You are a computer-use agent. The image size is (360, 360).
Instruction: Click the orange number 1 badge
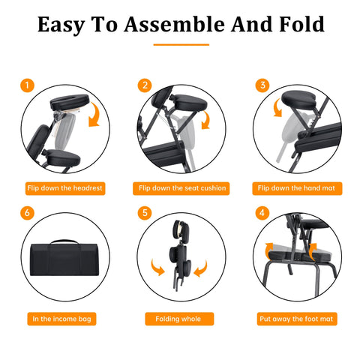(x=27, y=85)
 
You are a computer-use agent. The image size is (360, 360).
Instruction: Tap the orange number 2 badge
(x=145, y=85)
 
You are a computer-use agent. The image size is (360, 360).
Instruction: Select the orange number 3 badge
(x=262, y=85)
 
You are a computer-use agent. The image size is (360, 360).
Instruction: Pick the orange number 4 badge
(x=262, y=213)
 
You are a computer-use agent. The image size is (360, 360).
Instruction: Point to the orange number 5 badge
(x=145, y=213)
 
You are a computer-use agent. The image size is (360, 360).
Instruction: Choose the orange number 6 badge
(x=27, y=213)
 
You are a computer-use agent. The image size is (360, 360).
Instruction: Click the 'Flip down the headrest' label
(x=65, y=188)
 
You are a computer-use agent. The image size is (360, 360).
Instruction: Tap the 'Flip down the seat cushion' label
(x=181, y=188)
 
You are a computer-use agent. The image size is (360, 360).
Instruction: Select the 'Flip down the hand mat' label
(x=297, y=188)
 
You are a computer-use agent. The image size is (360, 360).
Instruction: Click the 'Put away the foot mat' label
(x=297, y=319)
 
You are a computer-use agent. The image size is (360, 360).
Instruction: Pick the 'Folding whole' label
(x=179, y=319)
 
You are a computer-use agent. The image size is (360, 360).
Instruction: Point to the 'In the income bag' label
(x=61, y=319)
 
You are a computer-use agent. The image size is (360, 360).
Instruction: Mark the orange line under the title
(x=181, y=45)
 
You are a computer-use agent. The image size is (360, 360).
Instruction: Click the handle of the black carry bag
(x=64, y=241)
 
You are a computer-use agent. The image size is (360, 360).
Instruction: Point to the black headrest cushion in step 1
(x=70, y=101)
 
